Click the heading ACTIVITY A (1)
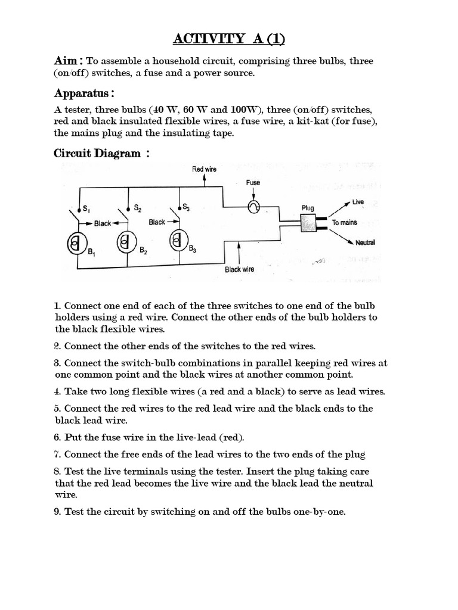(x=229, y=40)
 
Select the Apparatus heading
(x=83, y=94)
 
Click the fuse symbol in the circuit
(x=254, y=206)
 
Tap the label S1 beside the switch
(x=86, y=208)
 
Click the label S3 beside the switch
(x=187, y=208)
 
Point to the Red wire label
(x=204, y=170)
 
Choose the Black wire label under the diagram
(x=239, y=269)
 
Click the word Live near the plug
(x=358, y=203)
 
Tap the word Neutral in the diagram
(x=365, y=242)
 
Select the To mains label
(x=345, y=223)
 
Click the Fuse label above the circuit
(x=253, y=183)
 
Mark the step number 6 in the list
(x=58, y=437)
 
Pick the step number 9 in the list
(x=58, y=511)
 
